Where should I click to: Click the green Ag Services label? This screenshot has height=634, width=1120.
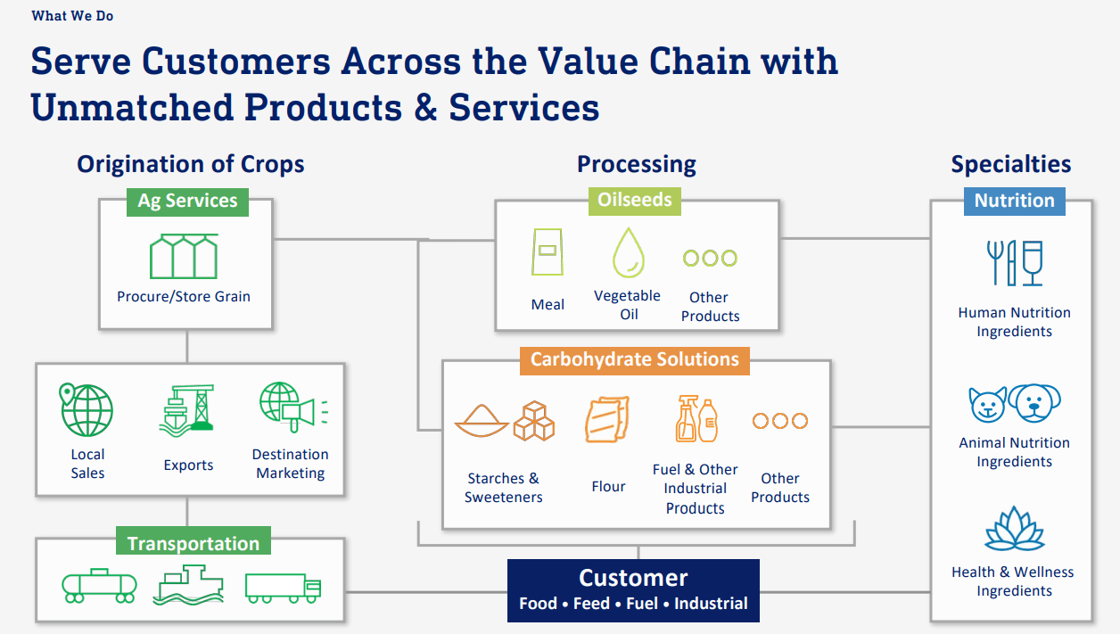187,201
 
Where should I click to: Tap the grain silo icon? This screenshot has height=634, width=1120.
184,257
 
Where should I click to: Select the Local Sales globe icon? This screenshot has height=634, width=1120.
86,410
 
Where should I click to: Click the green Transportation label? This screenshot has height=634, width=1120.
193,543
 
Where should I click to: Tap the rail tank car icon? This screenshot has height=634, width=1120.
99,585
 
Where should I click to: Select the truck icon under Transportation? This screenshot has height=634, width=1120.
283,586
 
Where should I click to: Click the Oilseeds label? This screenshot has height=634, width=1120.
635,200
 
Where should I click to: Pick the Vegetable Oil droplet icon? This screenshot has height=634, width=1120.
628,253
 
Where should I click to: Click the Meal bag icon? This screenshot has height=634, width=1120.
547,253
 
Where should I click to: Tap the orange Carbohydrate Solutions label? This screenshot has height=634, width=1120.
634,359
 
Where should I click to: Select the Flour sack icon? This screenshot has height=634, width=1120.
607,420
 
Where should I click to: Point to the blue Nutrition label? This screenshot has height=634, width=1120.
1014,201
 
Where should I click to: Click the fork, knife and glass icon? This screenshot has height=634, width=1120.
1014,262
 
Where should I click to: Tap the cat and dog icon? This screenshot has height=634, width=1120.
1014,403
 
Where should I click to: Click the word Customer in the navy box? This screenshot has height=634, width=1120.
633,578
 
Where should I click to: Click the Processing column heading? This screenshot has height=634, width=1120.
636,164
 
